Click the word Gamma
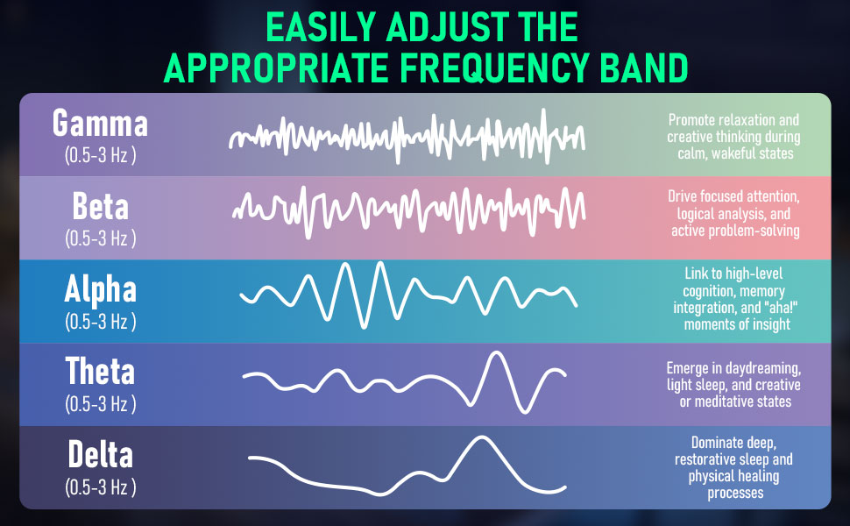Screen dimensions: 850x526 100,123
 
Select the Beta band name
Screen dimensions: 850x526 100,207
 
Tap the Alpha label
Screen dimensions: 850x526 100,289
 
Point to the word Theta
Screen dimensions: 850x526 100,371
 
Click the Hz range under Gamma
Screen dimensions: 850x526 100,155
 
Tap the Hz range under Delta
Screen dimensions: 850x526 100,487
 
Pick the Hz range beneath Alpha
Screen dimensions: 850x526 100,321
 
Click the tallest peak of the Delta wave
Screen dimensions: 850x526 480,438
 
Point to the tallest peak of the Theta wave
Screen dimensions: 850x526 495,353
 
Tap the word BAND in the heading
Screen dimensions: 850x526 644,68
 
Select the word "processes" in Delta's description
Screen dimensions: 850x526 735,493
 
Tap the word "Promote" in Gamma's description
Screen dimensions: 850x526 691,119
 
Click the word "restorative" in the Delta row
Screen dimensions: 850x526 703,459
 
